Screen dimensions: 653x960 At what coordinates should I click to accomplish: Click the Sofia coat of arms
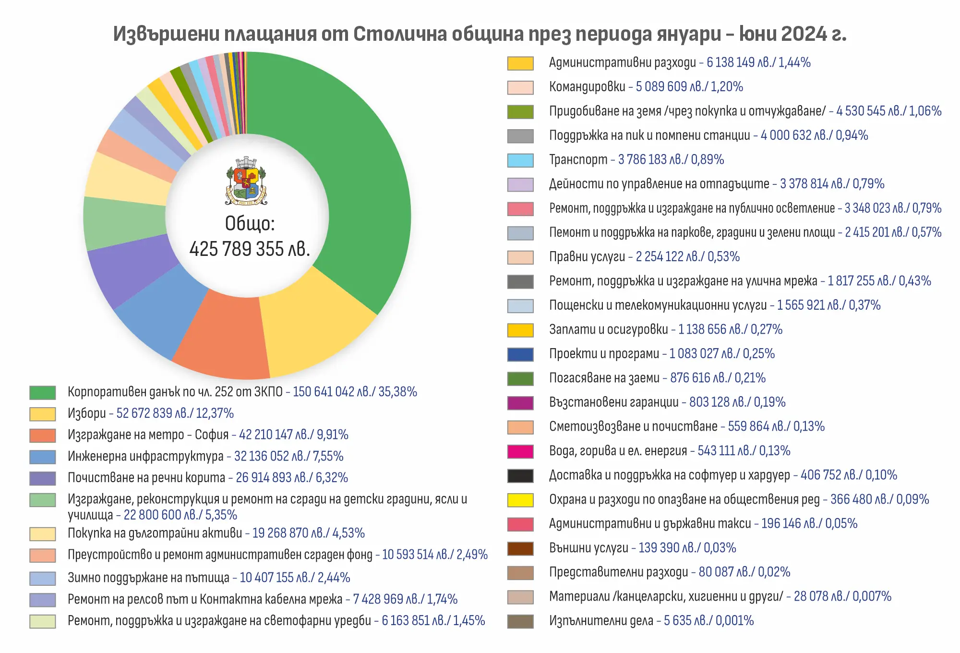[x=246, y=181]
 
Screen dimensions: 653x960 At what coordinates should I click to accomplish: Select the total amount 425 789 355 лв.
[x=250, y=249]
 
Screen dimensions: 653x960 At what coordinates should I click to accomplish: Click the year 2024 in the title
[x=804, y=34]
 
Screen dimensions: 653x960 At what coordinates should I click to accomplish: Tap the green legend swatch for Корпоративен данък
[x=42, y=392]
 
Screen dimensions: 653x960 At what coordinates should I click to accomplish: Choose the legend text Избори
[x=87, y=413]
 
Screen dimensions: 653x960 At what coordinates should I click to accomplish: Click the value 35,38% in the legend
[x=397, y=392]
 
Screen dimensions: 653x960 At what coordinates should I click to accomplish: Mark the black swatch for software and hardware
[x=520, y=475]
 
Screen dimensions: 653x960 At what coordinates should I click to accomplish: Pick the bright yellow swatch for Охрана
[x=520, y=500]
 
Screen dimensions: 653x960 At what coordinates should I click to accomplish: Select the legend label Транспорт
[x=578, y=159]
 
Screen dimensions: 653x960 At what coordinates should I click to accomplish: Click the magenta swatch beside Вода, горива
[x=520, y=451]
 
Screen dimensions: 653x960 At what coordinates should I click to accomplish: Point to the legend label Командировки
[x=587, y=87]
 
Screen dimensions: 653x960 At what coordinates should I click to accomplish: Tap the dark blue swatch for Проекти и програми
[x=520, y=354]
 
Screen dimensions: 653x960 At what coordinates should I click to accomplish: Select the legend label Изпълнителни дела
[x=601, y=621]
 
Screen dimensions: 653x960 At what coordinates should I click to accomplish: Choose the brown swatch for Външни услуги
[x=520, y=548]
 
